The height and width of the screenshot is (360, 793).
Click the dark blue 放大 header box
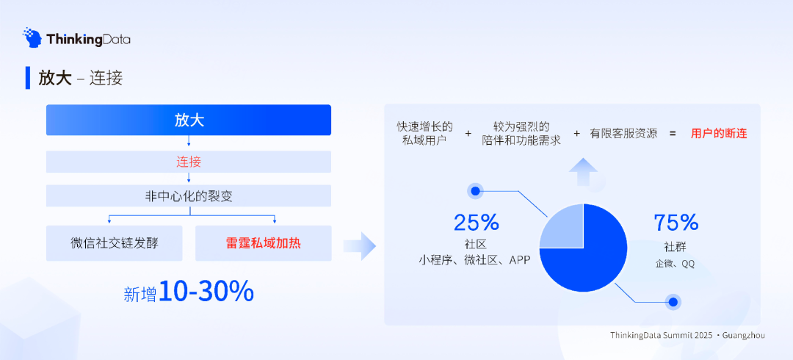[189, 120]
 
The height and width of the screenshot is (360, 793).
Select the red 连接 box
[189, 162]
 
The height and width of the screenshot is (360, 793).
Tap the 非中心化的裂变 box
[189, 195]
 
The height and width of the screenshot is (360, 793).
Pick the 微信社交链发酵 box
[115, 243]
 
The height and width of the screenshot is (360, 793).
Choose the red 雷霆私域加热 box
[263, 243]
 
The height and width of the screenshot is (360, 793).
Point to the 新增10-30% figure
[189, 292]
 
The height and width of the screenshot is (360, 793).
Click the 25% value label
[476, 222]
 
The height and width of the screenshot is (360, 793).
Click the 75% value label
[676, 222]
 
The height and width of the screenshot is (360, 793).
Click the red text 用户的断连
[719, 134]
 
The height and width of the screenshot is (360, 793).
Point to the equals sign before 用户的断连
[673, 134]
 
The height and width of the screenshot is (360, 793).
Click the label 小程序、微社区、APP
[475, 260]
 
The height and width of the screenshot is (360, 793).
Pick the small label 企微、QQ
[675, 263]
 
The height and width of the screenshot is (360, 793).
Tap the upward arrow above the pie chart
[584, 171]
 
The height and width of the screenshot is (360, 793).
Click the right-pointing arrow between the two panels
[359, 246]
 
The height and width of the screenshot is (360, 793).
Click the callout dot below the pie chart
[671, 301]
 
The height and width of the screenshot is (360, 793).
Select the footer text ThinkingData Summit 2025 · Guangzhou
[687, 335]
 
